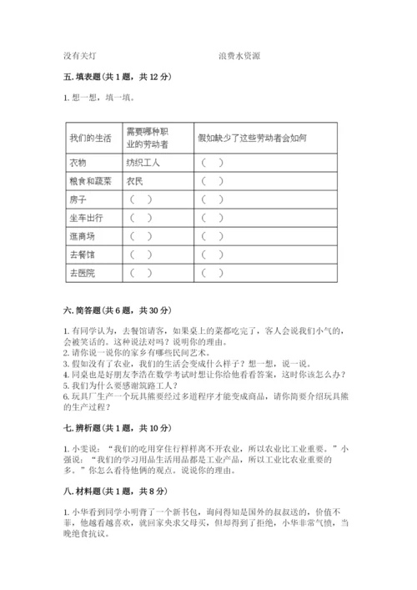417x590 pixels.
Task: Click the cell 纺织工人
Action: click(143, 162)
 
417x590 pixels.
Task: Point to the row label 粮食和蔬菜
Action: click(88, 180)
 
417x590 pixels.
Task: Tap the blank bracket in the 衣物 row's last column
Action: click(212, 162)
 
